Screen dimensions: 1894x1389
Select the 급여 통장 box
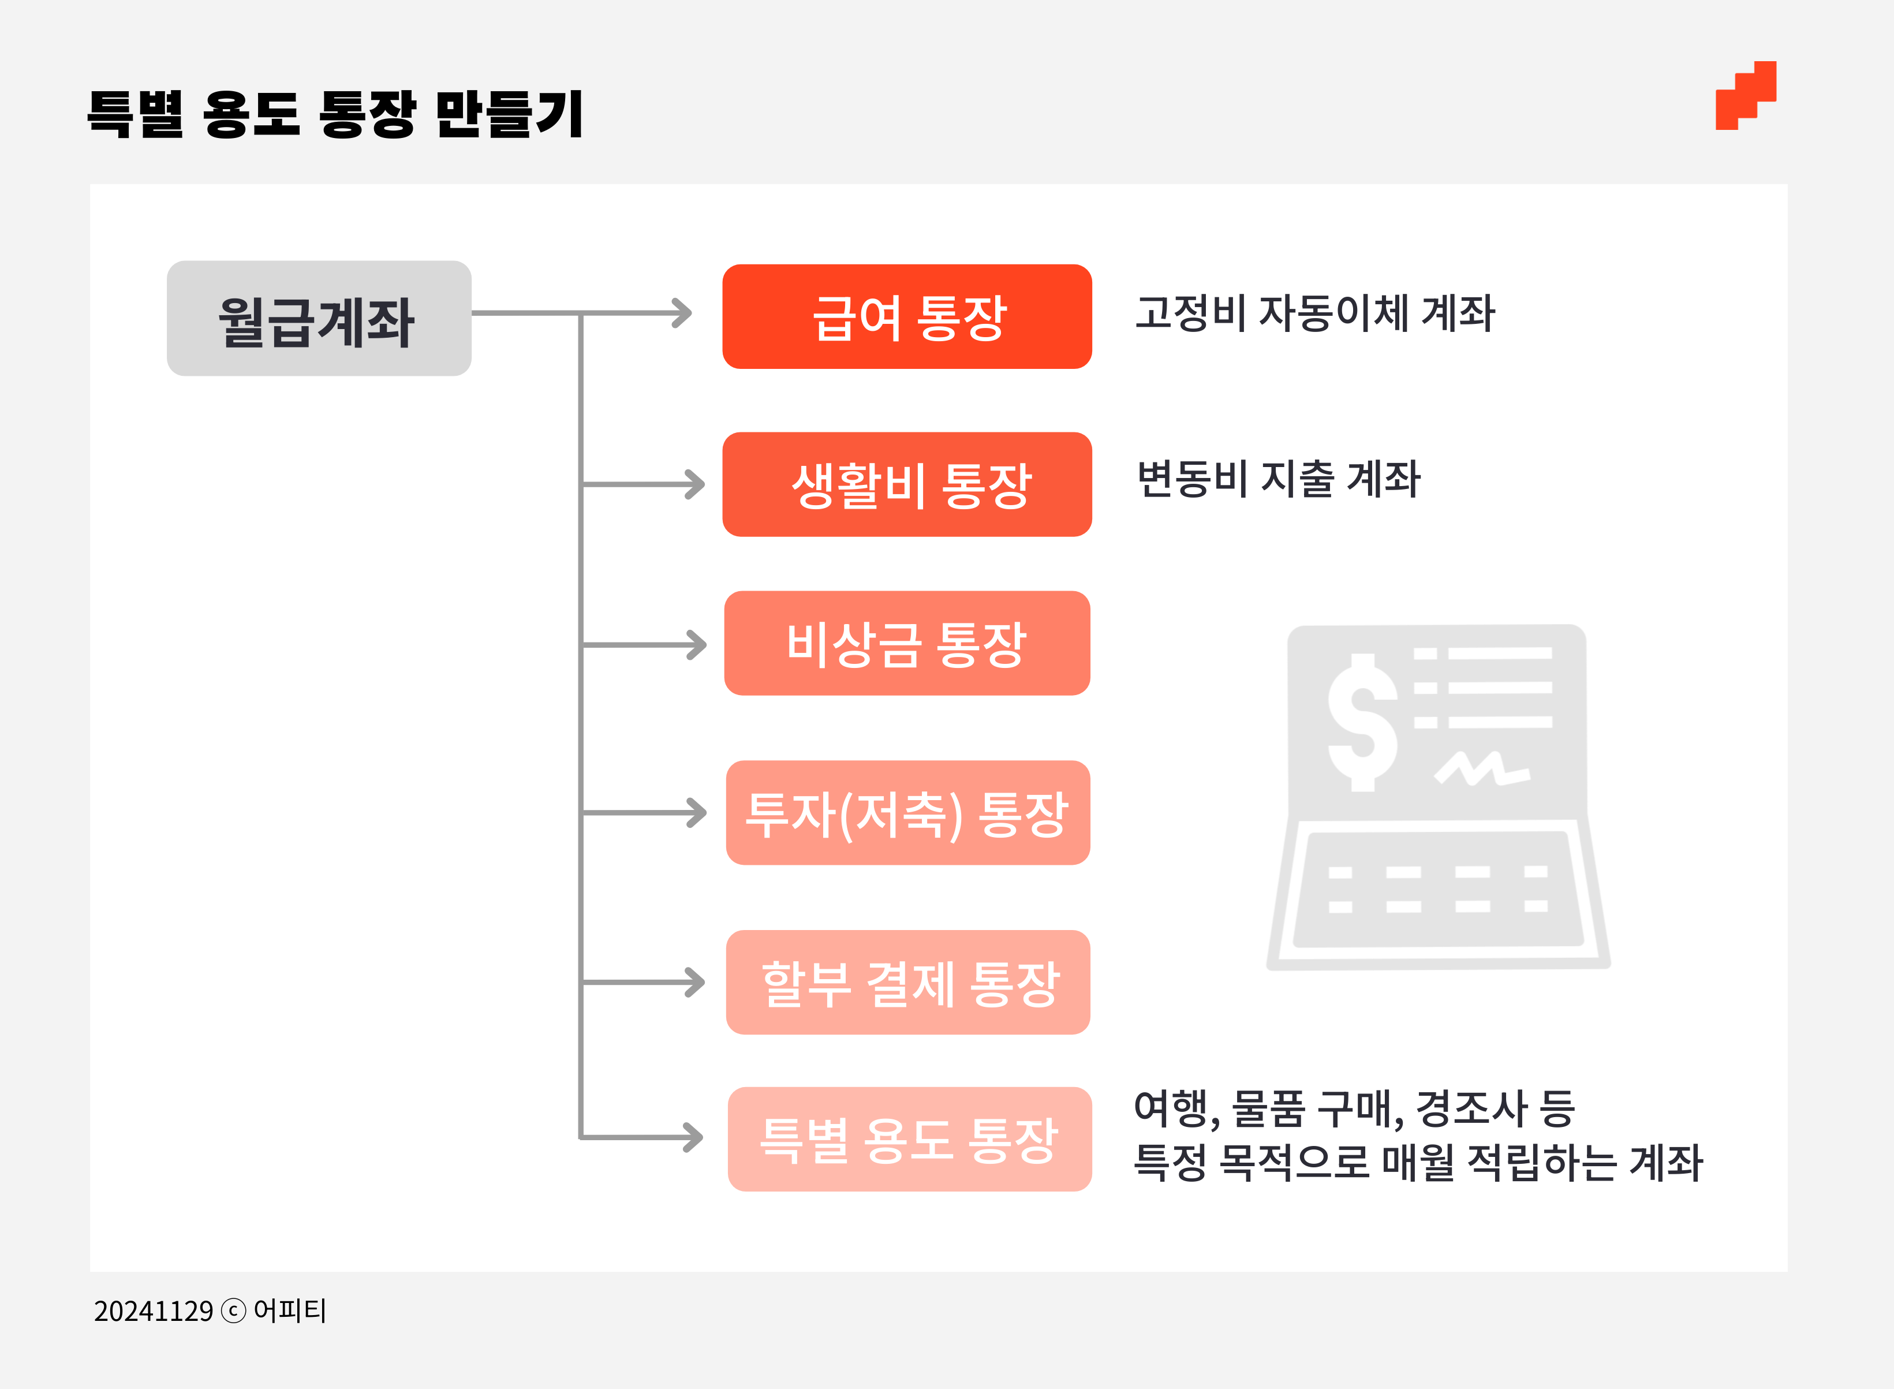(x=907, y=317)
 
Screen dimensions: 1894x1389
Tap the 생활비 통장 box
(x=907, y=484)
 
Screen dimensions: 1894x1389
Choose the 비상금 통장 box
(x=907, y=643)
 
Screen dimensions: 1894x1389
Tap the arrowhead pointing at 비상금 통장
(x=697, y=645)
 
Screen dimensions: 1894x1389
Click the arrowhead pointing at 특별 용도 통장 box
(x=694, y=1138)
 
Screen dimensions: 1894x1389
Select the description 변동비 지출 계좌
(x=1278, y=479)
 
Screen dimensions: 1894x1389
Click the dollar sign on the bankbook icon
(x=1362, y=722)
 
